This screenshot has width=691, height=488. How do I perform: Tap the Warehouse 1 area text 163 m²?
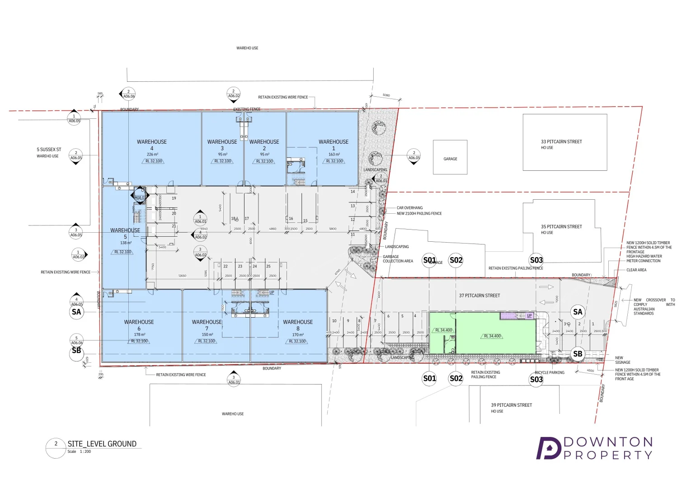point(334,155)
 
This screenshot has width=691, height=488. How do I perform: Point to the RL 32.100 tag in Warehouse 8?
point(297,341)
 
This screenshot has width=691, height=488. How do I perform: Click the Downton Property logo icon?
point(548,448)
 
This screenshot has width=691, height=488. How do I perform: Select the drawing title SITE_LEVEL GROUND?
point(102,444)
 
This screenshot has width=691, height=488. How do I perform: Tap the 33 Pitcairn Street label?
point(561,141)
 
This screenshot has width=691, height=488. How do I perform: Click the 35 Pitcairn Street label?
point(561,226)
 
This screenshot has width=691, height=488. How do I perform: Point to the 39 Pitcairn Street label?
point(512,405)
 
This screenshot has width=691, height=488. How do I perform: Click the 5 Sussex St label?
point(49,150)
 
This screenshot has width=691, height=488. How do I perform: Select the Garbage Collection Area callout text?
point(398,259)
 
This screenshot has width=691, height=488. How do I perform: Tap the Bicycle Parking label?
point(550,372)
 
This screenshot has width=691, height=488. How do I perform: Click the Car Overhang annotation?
point(409,208)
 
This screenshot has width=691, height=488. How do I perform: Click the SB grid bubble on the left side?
point(76,351)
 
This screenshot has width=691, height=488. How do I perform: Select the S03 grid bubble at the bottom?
point(536,379)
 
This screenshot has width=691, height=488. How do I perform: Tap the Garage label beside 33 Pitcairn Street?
point(450,159)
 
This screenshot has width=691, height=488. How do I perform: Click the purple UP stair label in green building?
point(529,315)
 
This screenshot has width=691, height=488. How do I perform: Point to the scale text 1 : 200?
point(85,451)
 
